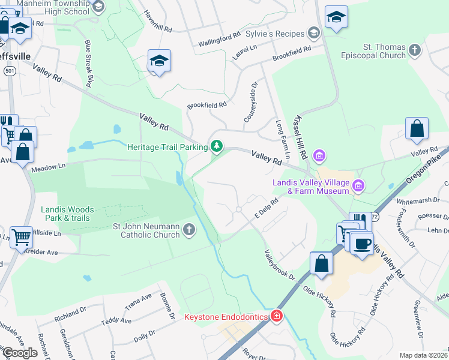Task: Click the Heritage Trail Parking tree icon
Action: (x=216, y=146)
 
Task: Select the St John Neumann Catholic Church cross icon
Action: (x=188, y=229)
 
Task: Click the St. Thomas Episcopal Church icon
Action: (x=414, y=50)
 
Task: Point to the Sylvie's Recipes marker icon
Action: (x=313, y=33)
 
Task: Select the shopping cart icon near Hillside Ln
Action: (x=22, y=236)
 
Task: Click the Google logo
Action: (x=20, y=353)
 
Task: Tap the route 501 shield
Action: (x=9, y=71)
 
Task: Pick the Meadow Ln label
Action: (x=48, y=166)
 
